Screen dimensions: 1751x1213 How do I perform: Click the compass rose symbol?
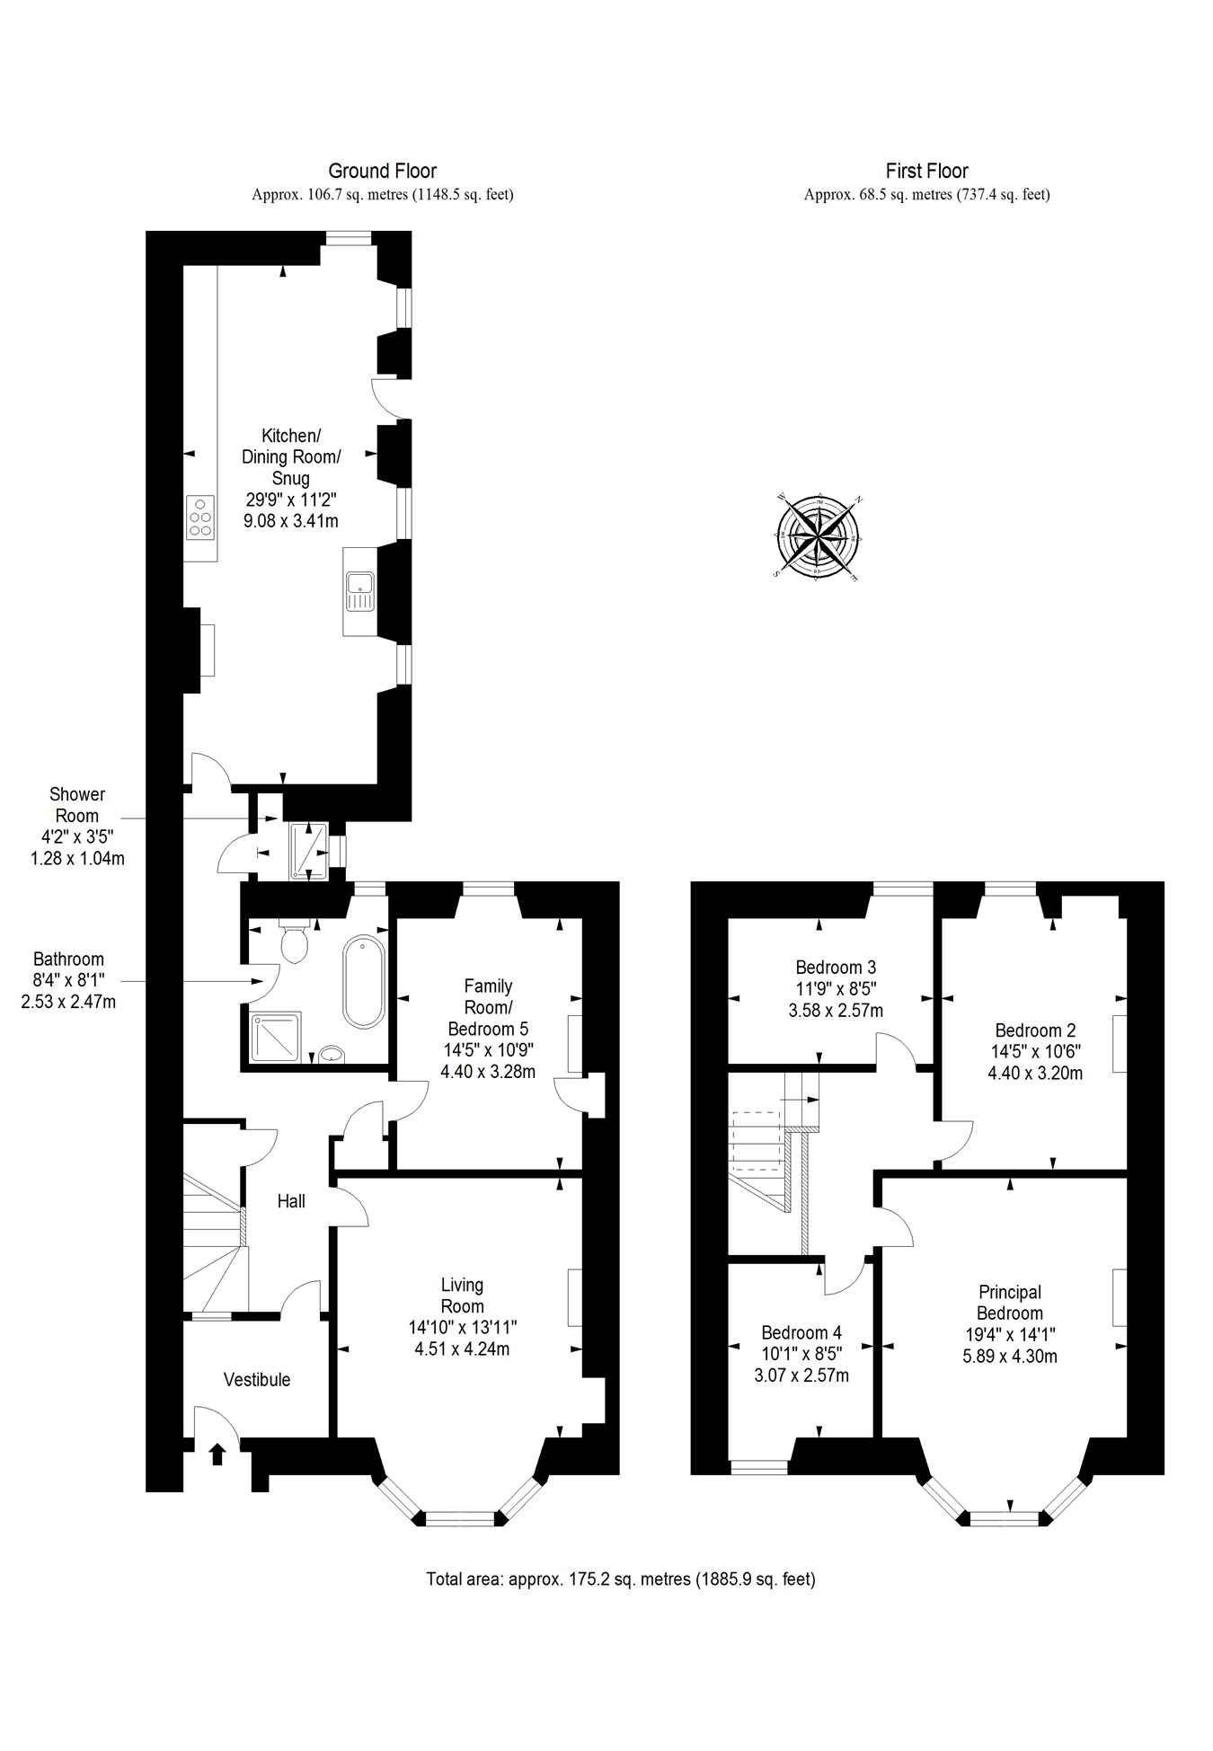(818, 536)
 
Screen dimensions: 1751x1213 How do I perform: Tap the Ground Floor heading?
(382, 171)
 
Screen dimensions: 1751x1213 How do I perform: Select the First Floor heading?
(926, 171)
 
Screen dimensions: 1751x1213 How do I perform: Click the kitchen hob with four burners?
(200, 517)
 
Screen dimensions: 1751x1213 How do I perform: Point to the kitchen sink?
(359, 591)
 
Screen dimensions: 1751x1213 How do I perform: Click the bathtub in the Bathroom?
(364, 981)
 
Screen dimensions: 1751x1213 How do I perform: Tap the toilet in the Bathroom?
(294, 942)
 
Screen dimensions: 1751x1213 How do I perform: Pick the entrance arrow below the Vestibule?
(217, 1453)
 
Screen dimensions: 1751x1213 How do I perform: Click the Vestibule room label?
(257, 1380)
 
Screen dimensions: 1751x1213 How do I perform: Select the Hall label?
(291, 1201)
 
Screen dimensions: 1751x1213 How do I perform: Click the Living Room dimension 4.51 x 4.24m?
(462, 1349)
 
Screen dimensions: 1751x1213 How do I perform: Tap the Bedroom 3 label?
(836, 968)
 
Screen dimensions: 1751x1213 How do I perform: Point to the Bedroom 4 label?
(801, 1332)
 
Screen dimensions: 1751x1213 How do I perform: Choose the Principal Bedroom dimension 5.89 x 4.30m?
(1009, 1357)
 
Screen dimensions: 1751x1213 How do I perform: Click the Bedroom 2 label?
(1035, 1030)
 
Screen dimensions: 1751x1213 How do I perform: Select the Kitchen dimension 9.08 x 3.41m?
(290, 521)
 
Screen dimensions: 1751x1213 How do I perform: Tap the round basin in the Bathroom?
(332, 1054)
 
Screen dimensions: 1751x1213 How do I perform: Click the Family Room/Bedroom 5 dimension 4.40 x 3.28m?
(488, 1072)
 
